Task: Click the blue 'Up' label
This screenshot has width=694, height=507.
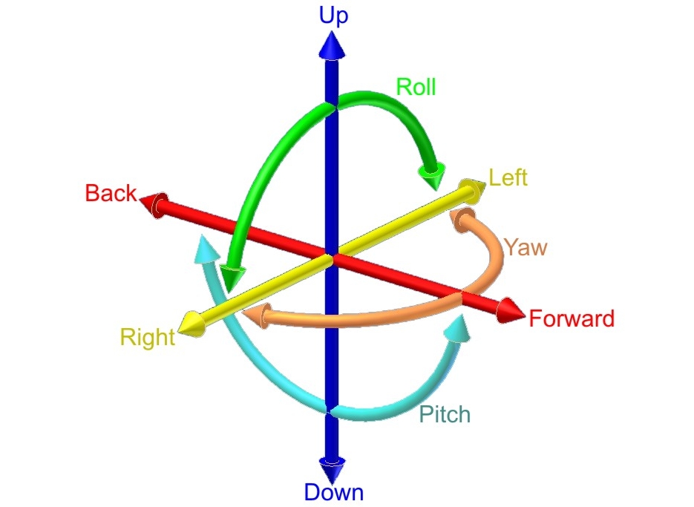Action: (x=333, y=16)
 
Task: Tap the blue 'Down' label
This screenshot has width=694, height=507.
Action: (x=333, y=491)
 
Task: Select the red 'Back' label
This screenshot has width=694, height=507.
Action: (x=111, y=193)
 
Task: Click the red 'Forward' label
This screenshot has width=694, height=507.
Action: (x=572, y=319)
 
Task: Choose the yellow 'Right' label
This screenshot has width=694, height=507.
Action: (x=147, y=338)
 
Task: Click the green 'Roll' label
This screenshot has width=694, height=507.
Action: (x=416, y=87)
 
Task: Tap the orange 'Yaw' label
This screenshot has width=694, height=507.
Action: (x=525, y=246)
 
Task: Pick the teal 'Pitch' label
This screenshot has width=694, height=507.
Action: (x=445, y=413)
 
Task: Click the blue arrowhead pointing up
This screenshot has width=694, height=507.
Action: (x=332, y=48)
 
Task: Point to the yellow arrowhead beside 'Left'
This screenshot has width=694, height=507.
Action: (x=473, y=190)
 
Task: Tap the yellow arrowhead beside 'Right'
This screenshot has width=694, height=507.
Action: (x=191, y=324)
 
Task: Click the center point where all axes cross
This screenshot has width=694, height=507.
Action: (x=332, y=257)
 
